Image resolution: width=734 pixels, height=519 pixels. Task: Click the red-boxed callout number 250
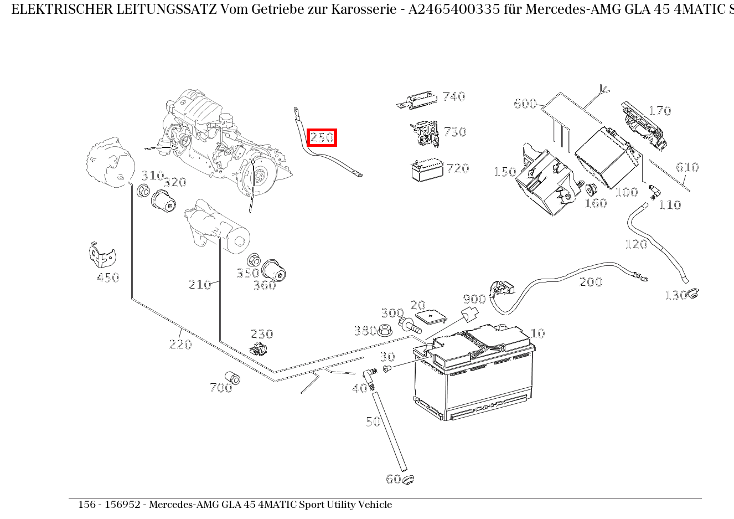pyautogui.click(x=322, y=137)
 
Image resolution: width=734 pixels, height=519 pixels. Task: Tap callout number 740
pyautogui.click(x=454, y=96)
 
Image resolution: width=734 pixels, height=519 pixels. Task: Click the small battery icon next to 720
pyautogui.click(x=427, y=170)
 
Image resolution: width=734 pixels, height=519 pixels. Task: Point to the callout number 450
pyautogui.click(x=107, y=278)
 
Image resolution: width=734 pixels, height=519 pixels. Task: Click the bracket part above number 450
pyautogui.click(x=102, y=255)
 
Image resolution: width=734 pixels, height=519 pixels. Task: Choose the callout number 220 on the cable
pyautogui.click(x=180, y=344)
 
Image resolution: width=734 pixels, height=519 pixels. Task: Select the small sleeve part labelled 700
pyautogui.click(x=232, y=378)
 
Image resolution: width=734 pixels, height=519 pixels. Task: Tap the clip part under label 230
pyautogui.click(x=258, y=349)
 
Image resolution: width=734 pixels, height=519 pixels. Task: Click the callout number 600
pyautogui.click(x=525, y=104)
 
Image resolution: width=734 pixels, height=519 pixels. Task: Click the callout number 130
pyautogui.click(x=675, y=295)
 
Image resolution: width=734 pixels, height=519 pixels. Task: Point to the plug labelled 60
pyautogui.click(x=409, y=480)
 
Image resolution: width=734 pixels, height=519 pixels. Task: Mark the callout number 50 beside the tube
pyautogui.click(x=373, y=422)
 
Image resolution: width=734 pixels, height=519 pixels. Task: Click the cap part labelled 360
pyautogui.click(x=273, y=271)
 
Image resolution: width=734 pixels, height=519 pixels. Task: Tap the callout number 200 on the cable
pyautogui.click(x=591, y=282)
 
